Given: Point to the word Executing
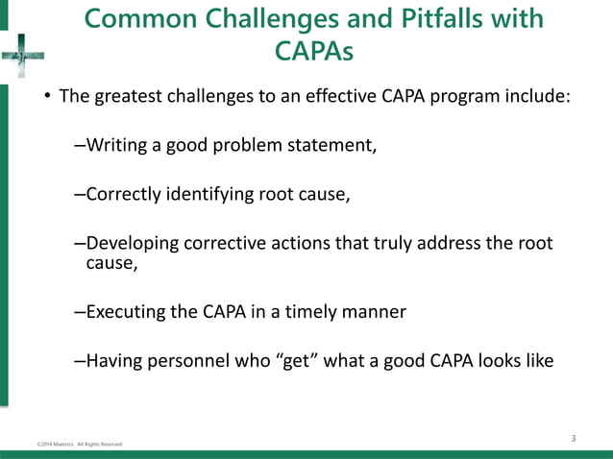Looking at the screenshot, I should coord(125,311).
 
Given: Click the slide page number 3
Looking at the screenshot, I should coord(574,439).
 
